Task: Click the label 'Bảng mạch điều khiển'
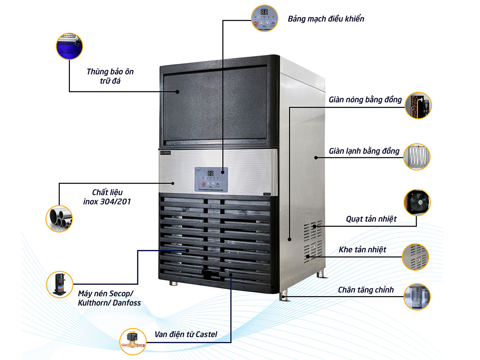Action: click(326, 19)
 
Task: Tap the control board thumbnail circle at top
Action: click(265, 19)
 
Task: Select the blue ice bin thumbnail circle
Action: click(70, 46)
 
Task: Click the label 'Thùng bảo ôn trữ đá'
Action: click(110, 76)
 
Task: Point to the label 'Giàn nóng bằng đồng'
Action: click(365, 100)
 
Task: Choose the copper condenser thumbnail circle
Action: click(418, 106)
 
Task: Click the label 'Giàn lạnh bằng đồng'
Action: click(364, 151)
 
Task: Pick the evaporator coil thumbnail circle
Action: click(417, 157)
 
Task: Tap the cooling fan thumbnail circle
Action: click(417, 203)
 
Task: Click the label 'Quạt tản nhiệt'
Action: click(371, 219)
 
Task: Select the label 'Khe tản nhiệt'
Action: click(362, 250)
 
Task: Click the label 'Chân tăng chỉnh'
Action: click(366, 290)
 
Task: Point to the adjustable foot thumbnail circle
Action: click(417, 297)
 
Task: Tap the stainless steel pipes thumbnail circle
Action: click(59, 218)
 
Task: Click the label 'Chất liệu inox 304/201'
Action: click(107, 197)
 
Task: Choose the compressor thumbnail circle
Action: click(60, 284)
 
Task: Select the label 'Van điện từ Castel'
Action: click(186, 334)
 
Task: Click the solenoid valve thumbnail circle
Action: click(133, 341)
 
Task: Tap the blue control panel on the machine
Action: click(211, 179)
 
